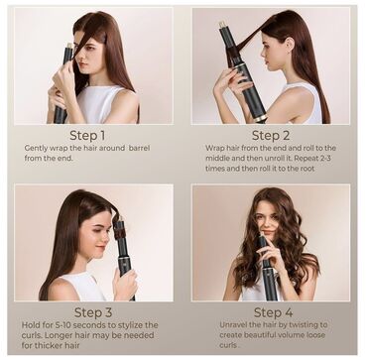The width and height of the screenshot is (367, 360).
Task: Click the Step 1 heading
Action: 90,135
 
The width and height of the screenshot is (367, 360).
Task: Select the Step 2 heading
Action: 271,135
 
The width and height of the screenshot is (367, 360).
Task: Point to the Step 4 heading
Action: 273,312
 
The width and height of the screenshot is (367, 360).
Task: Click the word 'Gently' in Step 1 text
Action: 37,148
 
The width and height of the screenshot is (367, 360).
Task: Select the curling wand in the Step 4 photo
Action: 266,263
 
